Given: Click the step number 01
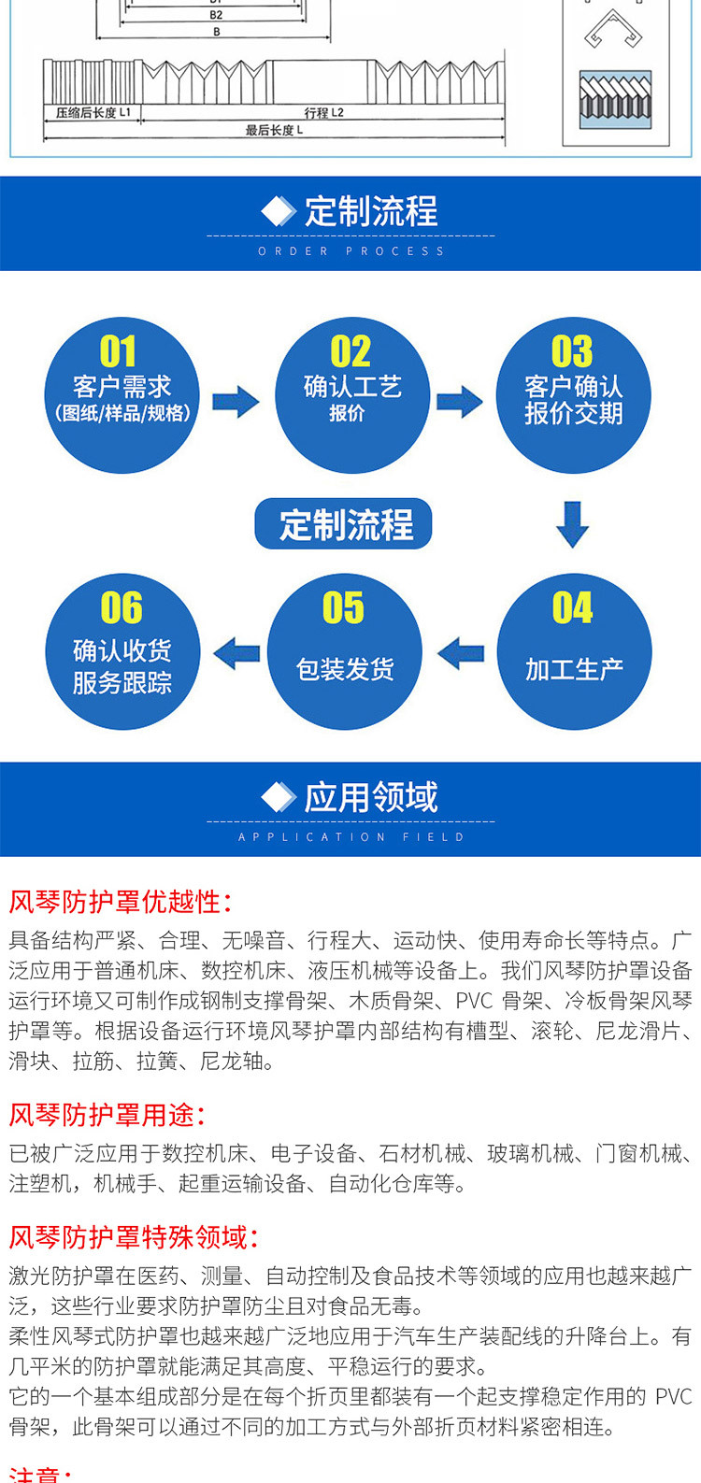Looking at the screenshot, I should tap(119, 352).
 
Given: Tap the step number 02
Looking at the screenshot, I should tap(350, 352).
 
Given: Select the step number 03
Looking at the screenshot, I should tap(571, 352).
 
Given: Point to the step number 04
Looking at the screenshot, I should tap(572, 608).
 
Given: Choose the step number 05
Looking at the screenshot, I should tap(343, 608).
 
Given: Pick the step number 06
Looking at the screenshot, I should tap(122, 608).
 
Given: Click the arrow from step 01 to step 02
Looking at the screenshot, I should tap(236, 402).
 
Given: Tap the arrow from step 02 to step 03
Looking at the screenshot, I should tap(460, 402).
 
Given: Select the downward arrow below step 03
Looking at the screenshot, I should tap(572, 523).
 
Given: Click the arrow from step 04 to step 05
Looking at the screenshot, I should tap(461, 653).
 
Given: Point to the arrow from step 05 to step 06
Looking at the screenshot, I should tap(236, 653).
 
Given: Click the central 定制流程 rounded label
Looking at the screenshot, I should tap(344, 524).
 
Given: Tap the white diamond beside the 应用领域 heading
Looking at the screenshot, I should tap(279, 797).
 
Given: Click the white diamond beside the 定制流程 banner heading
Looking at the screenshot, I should tap(279, 211).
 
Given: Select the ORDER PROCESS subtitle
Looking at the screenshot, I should tap(350, 251).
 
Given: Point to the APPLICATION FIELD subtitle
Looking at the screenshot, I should tap(350, 837).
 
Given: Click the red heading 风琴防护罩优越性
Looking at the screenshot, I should tap(120, 902).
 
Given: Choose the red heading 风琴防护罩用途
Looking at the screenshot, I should tap(107, 1115).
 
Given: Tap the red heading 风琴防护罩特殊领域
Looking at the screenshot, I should tap(133, 1238).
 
